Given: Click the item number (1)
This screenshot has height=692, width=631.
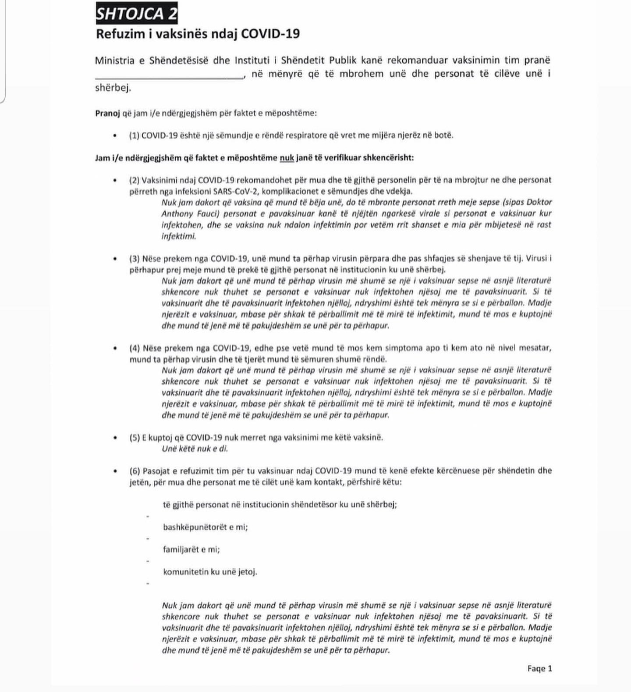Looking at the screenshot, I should click(x=134, y=135).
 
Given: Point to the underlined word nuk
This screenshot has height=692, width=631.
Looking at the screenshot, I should click(x=287, y=157).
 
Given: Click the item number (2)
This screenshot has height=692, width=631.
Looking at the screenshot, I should click(x=134, y=180).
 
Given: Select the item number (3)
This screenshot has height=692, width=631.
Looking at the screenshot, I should click(x=134, y=258).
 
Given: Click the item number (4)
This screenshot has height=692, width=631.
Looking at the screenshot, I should click(x=134, y=348).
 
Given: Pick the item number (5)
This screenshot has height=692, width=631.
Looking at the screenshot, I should click(x=134, y=437).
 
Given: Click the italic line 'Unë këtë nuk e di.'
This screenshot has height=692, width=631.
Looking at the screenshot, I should click(x=195, y=449).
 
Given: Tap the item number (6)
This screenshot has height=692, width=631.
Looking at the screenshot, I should click(x=134, y=471).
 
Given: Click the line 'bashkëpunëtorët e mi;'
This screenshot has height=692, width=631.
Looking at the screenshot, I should click(x=205, y=527).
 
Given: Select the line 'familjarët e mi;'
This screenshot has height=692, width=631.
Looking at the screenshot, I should click(x=191, y=549).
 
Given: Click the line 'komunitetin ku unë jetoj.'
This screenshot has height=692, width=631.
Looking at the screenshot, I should click(x=210, y=572).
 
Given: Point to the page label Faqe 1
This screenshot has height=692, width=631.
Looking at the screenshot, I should click(x=540, y=668).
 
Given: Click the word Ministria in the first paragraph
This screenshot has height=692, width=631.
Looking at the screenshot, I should click(x=115, y=61).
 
